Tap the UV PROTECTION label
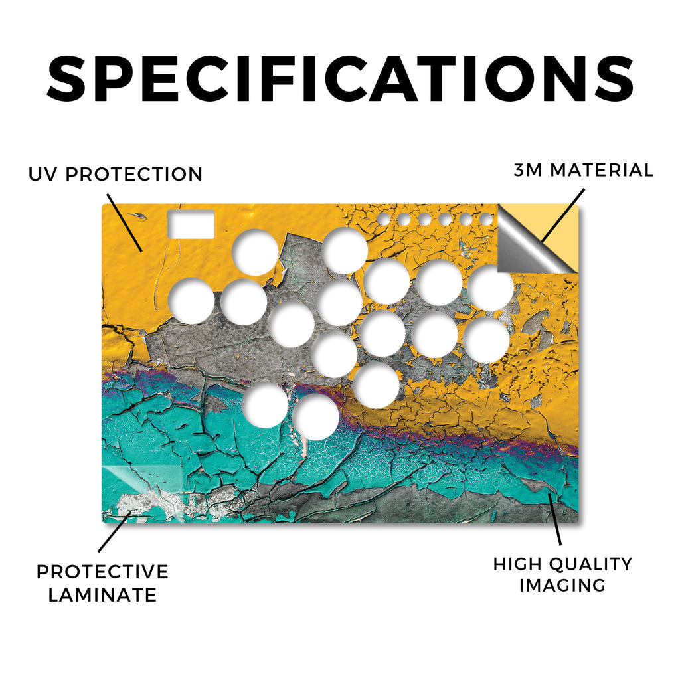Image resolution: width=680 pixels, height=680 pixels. [x=116, y=174]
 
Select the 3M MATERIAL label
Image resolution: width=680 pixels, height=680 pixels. [x=583, y=169]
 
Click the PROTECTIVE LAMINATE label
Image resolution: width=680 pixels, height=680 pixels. [x=102, y=583]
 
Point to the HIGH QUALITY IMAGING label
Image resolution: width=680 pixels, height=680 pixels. [x=562, y=574]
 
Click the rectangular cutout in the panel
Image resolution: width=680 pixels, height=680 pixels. [x=191, y=224]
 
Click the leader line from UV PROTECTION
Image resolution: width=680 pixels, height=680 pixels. [x=124, y=222]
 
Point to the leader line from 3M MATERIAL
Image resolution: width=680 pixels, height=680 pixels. [x=562, y=215]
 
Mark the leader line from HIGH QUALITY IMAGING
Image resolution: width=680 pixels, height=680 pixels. [x=555, y=519]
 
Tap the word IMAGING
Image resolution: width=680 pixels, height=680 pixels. [x=562, y=585]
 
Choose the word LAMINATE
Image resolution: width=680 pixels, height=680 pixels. [x=102, y=594]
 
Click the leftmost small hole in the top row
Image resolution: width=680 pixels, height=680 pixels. [x=383, y=219]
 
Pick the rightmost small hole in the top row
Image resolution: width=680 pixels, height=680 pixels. [x=486, y=219]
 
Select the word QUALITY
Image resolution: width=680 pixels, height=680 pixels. [x=590, y=564]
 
